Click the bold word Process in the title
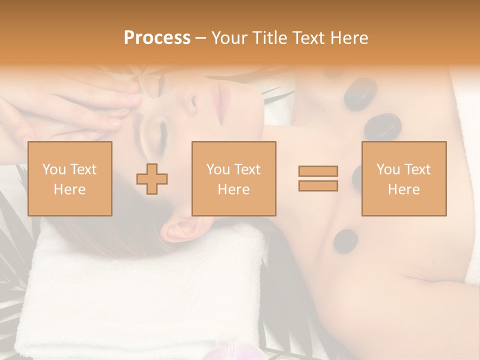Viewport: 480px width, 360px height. coord(157,38)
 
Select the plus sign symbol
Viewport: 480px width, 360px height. coord(152,179)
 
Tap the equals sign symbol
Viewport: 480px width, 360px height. coord(318,178)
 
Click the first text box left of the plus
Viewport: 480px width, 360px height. coord(70,178)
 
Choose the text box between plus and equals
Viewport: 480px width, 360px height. coord(233,178)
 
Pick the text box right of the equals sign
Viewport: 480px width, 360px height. coord(404,178)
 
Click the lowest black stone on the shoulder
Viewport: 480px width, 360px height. coord(345,240)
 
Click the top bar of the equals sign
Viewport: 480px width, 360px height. coord(318,171)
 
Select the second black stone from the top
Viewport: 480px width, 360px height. coord(382,126)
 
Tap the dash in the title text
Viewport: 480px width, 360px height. coord(200,38)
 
